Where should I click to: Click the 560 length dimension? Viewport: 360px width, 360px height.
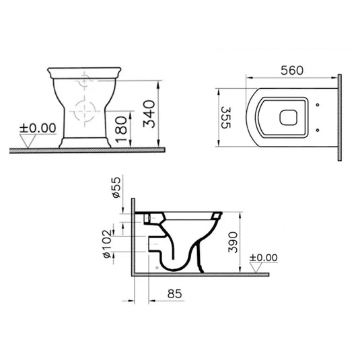pyautogui.click(x=293, y=69)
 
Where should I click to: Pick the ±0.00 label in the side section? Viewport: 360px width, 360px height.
pyautogui.click(x=263, y=256)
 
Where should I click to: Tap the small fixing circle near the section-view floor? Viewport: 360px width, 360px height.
pyautogui.click(x=157, y=268)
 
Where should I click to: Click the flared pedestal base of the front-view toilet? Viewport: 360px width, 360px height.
pyautogui.click(x=85, y=141)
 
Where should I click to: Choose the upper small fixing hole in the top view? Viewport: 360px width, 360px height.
pyautogui.click(x=317, y=104)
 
